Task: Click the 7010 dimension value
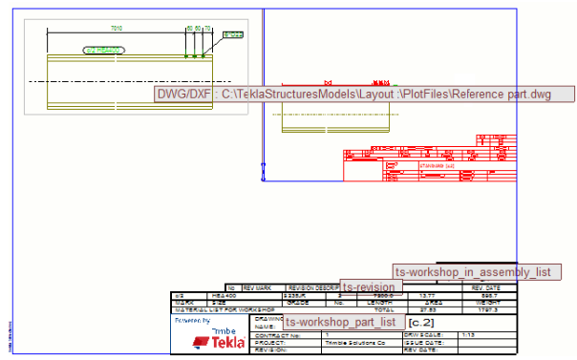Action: click(x=117, y=29)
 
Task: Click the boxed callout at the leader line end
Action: click(x=233, y=35)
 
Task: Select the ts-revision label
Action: click(x=372, y=286)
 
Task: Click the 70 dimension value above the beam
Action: click(x=208, y=29)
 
